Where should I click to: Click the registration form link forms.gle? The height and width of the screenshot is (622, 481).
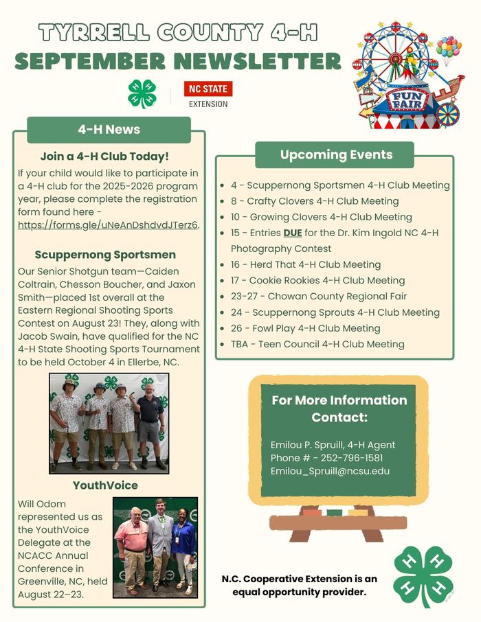pyautogui.click(x=108, y=225)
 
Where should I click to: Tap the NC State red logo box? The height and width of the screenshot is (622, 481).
pyautogui.click(x=208, y=89)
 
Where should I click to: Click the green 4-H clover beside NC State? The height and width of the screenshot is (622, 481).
pyautogui.click(x=142, y=93)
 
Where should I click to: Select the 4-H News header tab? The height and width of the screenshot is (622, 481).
pyautogui.click(x=109, y=129)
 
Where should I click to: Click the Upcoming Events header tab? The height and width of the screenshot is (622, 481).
pyautogui.click(x=336, y=154)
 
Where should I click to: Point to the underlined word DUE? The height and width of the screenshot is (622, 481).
pyautogui.click(x=293, y=233)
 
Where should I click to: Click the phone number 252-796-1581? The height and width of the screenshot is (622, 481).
pyautogui.click(x=355, y=458)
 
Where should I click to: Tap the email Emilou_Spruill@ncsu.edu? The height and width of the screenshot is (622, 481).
pyautogui.click(x=330, y=471)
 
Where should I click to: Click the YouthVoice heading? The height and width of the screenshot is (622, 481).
pyautogui.click(x=105, y=485)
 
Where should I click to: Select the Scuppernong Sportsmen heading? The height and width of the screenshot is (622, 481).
pyautogui.click(x=105, y=255)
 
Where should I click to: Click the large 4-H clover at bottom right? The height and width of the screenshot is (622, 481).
pyautogui.click(x=423, y=575)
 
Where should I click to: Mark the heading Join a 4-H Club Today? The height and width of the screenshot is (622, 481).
pyautogui.click(x=104, y=157)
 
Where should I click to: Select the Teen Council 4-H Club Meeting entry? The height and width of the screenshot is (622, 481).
pyautogui.click(x=317, y=344)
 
